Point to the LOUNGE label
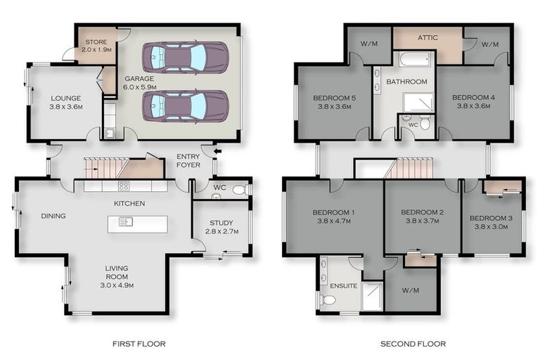(x=65, y=103)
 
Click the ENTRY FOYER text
(x=188, y=160)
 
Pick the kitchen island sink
(x=126, y=223)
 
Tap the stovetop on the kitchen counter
(x=124, y=186)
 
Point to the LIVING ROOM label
(x=117, y=277)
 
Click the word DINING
(x=53, y=216)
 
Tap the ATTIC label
(x=427, y=38)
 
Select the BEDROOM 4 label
(x=471, y=102)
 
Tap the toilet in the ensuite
(x=328, y=300)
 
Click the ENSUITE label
(x=343, y=286)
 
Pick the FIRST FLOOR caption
(x=139, y=344)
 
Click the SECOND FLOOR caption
(x=413, y=344)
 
